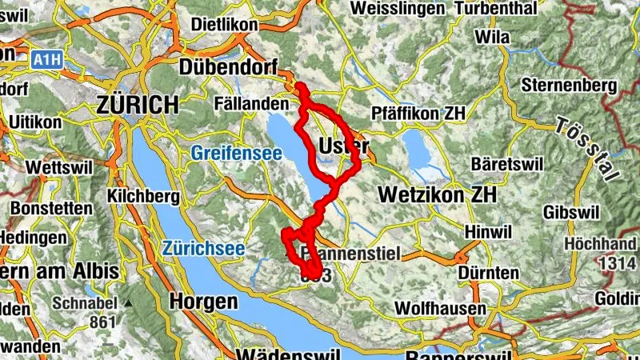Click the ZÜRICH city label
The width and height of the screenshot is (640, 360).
pos(137,105)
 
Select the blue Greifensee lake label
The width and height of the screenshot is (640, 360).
pos(236,152)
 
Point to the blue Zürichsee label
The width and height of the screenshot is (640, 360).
pos(203,249)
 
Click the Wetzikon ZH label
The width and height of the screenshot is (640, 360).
pos(436,194)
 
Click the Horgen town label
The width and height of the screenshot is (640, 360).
pos(204,302)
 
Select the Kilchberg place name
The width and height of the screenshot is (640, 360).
pos(139,196)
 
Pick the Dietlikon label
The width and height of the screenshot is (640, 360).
pos(225,24)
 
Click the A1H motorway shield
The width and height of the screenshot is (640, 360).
pos(47,59)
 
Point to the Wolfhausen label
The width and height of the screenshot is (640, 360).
pos(442,308)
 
